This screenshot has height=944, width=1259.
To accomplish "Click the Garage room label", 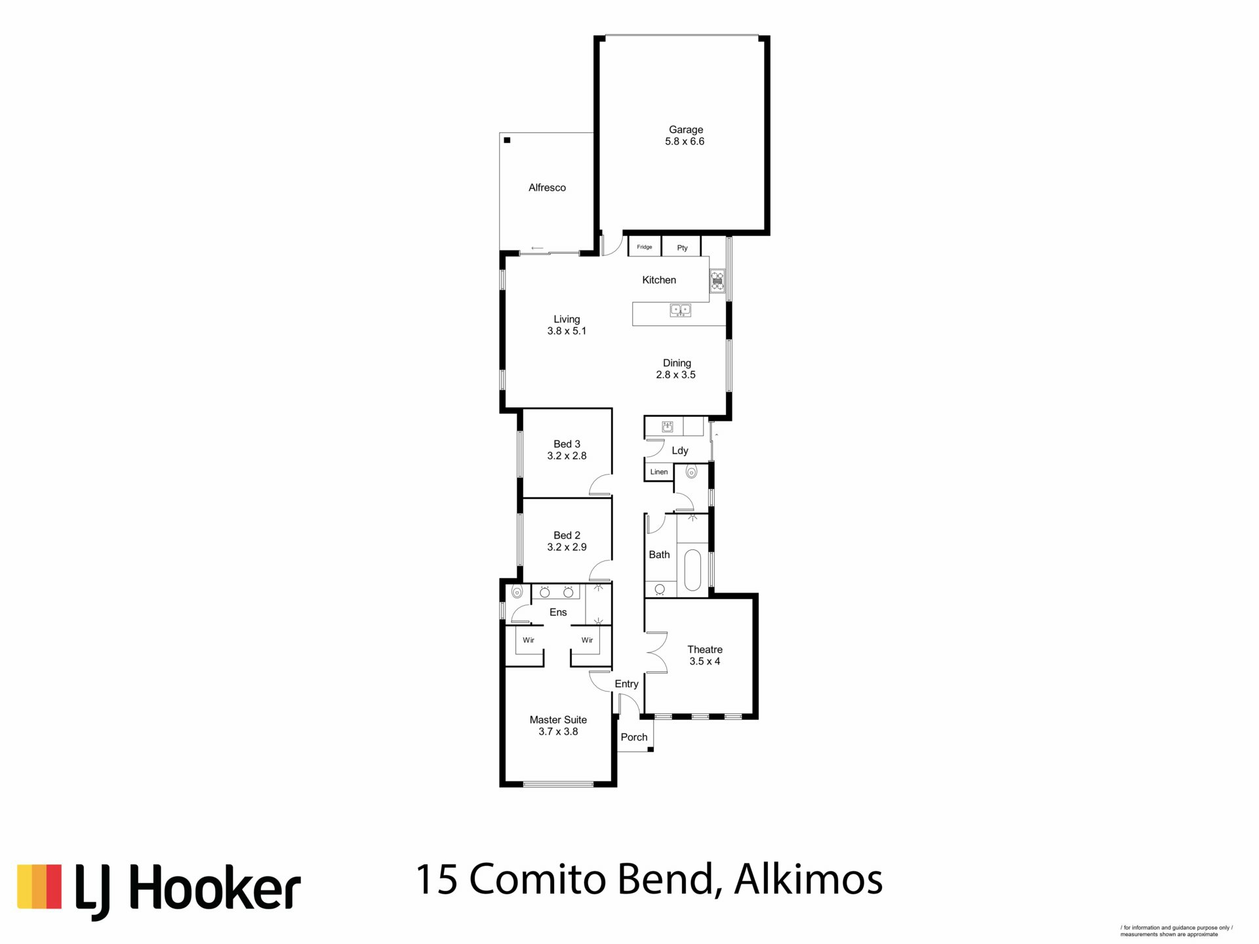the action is point(685,130).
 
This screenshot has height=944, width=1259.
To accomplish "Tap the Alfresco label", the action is point(547,187).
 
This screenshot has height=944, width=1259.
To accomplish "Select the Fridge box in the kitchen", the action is point(645,246).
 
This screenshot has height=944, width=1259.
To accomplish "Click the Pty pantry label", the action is point(683,248).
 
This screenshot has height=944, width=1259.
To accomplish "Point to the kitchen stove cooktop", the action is point(717,281).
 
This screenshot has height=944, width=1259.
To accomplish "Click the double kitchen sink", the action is point(680,309).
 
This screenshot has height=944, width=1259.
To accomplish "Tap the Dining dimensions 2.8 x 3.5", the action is point(675,375).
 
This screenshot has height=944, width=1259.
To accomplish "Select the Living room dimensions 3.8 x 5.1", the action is point(567,331).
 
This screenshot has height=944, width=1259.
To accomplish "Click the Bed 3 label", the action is point(567,444).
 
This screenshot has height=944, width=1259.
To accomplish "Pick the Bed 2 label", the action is point(567,535).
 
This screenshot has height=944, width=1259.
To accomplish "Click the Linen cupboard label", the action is point(659,472).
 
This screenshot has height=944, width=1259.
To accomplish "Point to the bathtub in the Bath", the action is point(692,570).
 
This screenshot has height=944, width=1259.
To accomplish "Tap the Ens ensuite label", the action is point(558,612).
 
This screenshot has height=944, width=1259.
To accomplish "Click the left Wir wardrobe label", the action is point(529,640).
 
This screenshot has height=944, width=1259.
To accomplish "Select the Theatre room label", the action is point(705,649).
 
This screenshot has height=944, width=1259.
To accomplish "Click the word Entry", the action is point(626,684).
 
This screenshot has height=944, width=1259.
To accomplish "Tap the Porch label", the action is point(634,737).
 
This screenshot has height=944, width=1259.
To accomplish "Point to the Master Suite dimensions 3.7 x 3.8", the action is point(558,732).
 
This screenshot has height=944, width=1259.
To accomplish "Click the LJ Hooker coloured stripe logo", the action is point(39,886).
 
